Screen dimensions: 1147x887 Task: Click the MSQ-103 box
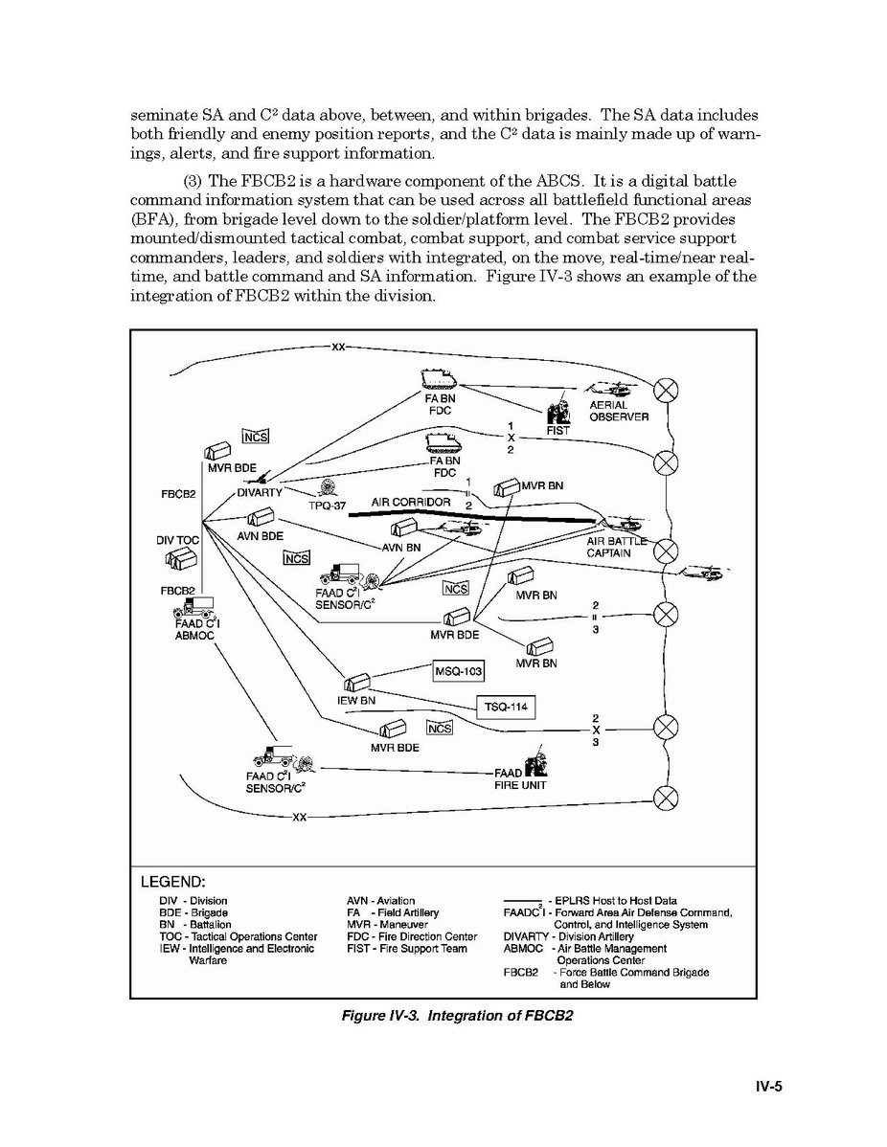459,671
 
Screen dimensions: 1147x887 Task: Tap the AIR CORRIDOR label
411,503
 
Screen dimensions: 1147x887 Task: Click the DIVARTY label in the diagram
260,493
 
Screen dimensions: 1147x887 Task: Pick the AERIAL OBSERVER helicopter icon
607,392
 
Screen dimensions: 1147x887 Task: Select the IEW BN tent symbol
355,684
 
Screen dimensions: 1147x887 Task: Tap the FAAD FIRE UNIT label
521,778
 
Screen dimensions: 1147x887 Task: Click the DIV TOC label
177,540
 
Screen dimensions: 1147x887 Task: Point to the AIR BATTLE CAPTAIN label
609,548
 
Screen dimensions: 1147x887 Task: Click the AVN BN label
401,548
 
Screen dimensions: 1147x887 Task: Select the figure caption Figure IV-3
457,1015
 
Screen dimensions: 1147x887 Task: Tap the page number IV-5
768,1087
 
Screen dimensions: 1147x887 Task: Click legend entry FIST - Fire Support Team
407,949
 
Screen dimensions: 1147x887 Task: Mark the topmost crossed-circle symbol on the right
666,389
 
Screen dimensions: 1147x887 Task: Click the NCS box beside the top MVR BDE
256,437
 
